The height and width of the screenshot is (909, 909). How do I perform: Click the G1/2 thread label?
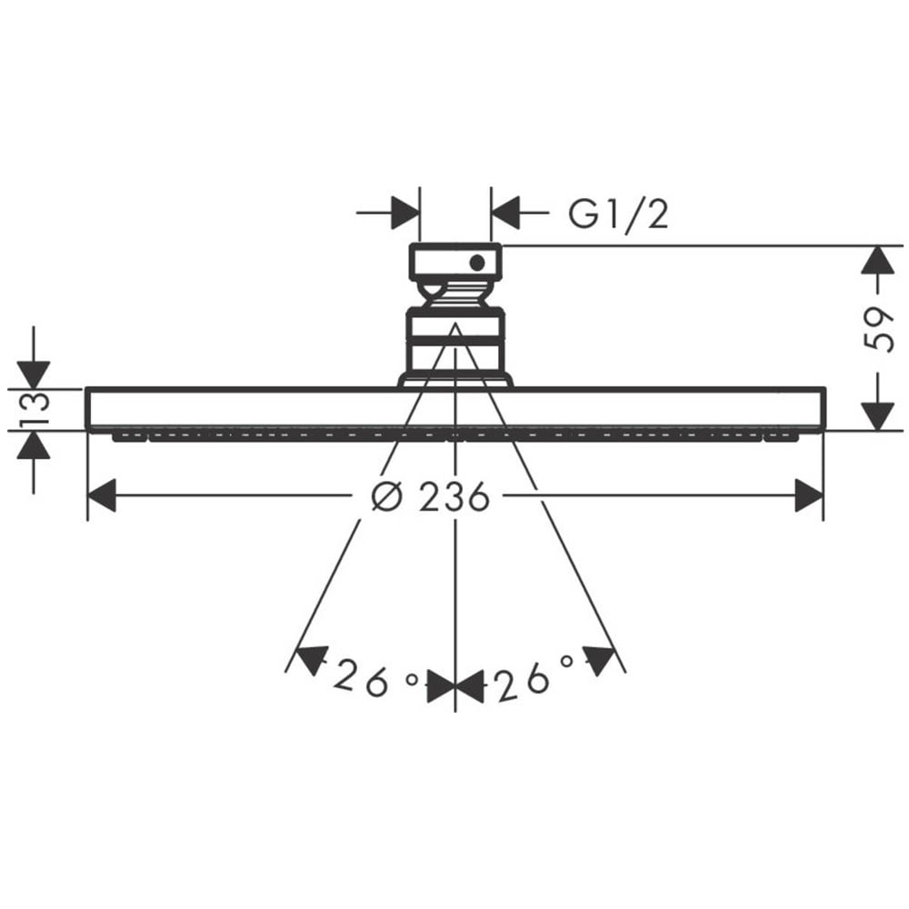(618, 214)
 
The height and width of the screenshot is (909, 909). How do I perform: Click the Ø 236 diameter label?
(431, 496)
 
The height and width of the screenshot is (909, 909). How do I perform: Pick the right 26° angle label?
(535, 677)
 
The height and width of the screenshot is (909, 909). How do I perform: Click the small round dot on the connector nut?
(477, 263)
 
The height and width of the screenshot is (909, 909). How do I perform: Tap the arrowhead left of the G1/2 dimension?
(405, 214)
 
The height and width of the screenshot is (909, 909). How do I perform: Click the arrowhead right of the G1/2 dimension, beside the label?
(505, 214)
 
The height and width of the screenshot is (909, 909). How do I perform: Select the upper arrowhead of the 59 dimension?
(876, 260)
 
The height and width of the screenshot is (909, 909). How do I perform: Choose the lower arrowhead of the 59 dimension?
(876, 417)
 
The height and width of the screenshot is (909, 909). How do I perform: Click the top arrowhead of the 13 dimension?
(34, 375)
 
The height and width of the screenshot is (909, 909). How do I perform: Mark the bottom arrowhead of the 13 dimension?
(34, 445)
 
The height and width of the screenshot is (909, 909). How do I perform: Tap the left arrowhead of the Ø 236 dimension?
(102, 495)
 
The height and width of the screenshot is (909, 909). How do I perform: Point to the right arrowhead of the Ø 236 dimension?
(809, 495)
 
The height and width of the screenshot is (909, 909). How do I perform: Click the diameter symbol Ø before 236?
(386, 497)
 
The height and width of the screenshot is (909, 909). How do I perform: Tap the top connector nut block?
(455, 263)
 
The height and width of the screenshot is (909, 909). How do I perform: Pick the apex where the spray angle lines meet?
(455, 324)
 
